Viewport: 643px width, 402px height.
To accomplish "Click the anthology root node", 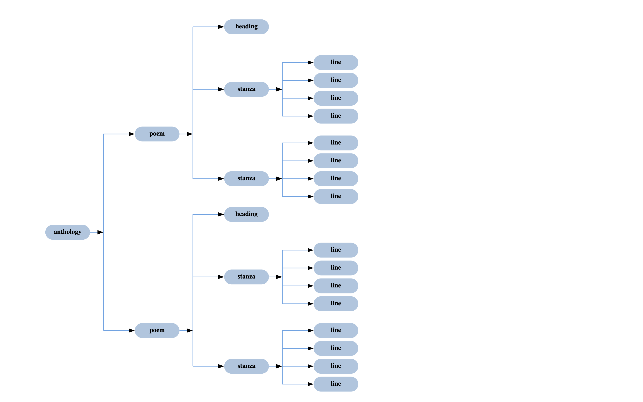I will [x=67, y=232].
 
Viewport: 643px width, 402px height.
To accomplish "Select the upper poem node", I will [x=157, y=134].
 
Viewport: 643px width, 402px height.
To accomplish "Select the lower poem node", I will [x=157, y=330].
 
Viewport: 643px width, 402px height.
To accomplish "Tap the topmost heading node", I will [x=246, y=27].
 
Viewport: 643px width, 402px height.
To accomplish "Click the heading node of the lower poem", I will [x=246, y=214].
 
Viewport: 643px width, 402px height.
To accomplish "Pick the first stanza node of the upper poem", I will [x=246, y=89].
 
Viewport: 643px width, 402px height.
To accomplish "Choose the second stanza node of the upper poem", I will [x=246, y=178].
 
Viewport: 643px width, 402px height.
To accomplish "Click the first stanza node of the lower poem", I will [x=246, y=277].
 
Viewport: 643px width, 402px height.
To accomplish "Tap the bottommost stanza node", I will [x=246, y=366].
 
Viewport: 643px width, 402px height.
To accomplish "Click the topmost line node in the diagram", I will [x=336, y=62].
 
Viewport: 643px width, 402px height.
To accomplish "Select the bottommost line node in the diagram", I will [x=336, y=384].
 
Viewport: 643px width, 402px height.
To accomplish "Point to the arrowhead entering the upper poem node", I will [x=131, y=134].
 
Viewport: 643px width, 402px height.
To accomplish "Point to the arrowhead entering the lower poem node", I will [x=131, y=331].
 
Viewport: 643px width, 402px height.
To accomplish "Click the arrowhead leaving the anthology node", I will [x=100, y=232].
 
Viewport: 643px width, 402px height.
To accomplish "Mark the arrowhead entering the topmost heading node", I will [x=221, y=27].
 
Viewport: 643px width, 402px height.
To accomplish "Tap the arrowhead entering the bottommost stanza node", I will [x=221, y=366].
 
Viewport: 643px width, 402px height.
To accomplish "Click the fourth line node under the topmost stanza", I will [x=336, y=116].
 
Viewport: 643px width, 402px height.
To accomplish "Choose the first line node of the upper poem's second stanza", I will [x=336, y=143].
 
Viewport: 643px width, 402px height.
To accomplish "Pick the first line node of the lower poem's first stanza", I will [x=336, y=250].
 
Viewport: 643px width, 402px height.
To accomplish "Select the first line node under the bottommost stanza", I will [x=336, y=330].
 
